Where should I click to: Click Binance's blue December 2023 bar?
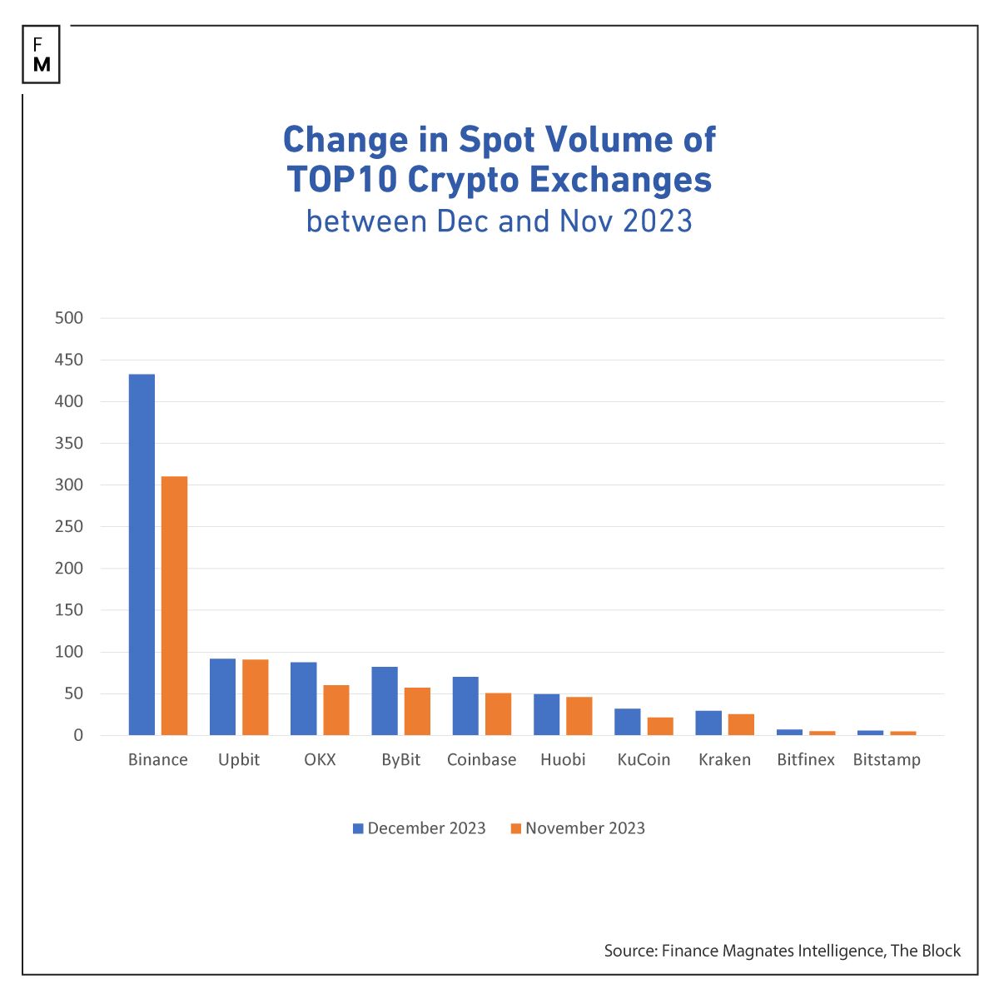point(142,554)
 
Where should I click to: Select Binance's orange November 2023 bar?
point(174,605)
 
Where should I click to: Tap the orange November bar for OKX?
point(336,710)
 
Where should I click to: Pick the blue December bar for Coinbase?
point(465,706)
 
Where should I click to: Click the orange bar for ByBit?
point(417,711)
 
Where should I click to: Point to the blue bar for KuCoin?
point(628,722)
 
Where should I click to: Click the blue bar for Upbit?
point(222,697)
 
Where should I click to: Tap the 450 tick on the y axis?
point(68,360)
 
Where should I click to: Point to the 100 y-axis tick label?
point(68,652)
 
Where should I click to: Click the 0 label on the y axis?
point(78,735)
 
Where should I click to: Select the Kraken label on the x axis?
point(724,760)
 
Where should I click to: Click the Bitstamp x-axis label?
point(887,760)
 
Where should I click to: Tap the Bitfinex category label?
point(805,760)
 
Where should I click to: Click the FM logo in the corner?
point(42,55)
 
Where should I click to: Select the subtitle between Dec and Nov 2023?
point(499,221)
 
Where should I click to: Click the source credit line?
point(782,951)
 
